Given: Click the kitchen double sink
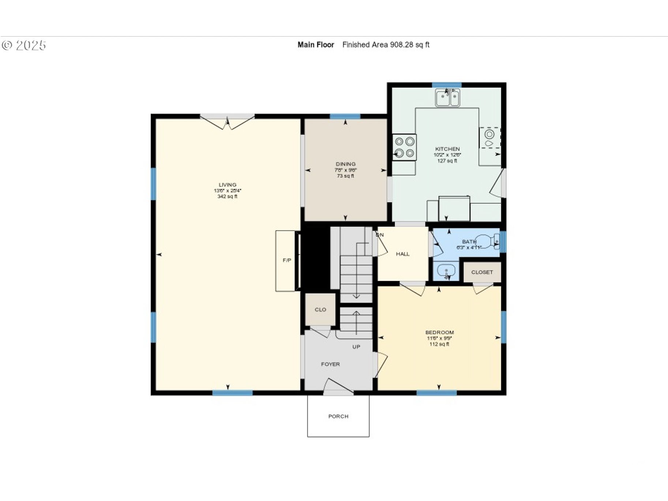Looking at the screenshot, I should [x=447, y=98].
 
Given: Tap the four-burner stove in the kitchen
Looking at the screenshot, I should [x=405, y=147].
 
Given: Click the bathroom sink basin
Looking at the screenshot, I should [x=446, y=271].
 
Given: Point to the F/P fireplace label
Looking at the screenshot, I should [x=287, y=260].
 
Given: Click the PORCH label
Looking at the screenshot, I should [x=338, y=416].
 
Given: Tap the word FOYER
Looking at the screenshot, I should [x=330, y=364].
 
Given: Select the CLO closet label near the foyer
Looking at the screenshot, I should [x=320, y=310].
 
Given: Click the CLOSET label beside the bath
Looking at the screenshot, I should [x=482, y=272].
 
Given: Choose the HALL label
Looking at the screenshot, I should [x=402, y=254].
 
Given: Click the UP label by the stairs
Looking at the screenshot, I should [x=356, y=347].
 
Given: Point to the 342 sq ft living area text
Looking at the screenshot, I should [x=227, y=197].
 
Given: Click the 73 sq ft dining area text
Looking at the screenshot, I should [x=345, y=176].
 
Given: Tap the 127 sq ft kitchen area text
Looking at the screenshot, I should [x=447, y=161].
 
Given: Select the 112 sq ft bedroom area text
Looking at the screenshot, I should [x=439, y=344].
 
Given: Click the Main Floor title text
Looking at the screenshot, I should [x=316, y=45].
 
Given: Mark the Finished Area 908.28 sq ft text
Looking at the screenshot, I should [x=386, y=45].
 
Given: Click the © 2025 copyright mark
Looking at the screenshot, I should [x=24, y=45].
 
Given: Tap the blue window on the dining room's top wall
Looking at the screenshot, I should [x=345, y=116].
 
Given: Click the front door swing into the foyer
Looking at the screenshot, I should [x=337, y=387].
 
